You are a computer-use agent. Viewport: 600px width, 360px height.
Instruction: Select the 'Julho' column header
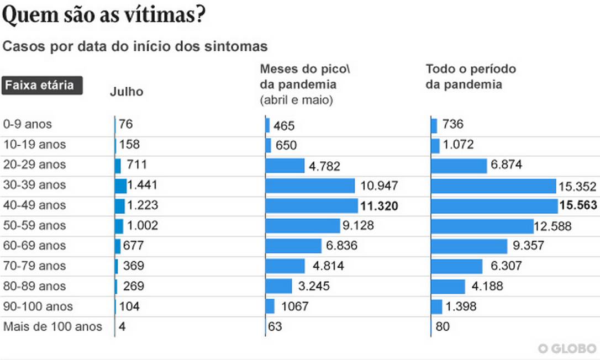pyautogui.click(x=127, y=92)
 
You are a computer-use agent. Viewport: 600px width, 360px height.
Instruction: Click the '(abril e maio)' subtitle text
pyautogui.click(x=296, y=100)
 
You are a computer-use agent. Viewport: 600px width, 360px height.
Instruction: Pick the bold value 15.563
pyautogui.click(x=578, y=205)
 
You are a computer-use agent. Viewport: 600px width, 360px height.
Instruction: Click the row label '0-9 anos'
pyautogui.click(x=28, y=124)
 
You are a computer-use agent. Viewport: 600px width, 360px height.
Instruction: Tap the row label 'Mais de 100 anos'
pyautogui.click(x=53, y=326)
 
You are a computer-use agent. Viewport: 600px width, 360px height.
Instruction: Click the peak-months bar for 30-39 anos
pyautogui.click(x=310, y=186)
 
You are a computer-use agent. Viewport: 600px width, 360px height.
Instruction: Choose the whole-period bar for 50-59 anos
pyautogui.click(x=482, y=226)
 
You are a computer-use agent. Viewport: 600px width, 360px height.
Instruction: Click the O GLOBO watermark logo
pyautogui.click(x=567, y=348)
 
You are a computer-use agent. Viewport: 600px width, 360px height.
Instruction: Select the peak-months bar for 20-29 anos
pyautogui.click(x=285, y=166)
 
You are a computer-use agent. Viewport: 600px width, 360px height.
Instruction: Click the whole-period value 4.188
pyautogui.click(x=487, y=287)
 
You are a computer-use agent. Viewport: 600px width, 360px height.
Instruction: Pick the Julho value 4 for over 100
pyautogui.click(x=122, y=326)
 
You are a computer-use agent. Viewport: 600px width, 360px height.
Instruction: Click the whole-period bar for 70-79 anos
pyautogui.click(x=456, y=266)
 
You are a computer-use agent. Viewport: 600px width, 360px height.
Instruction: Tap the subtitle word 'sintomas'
pyautogui.click(x=241, y=46)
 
